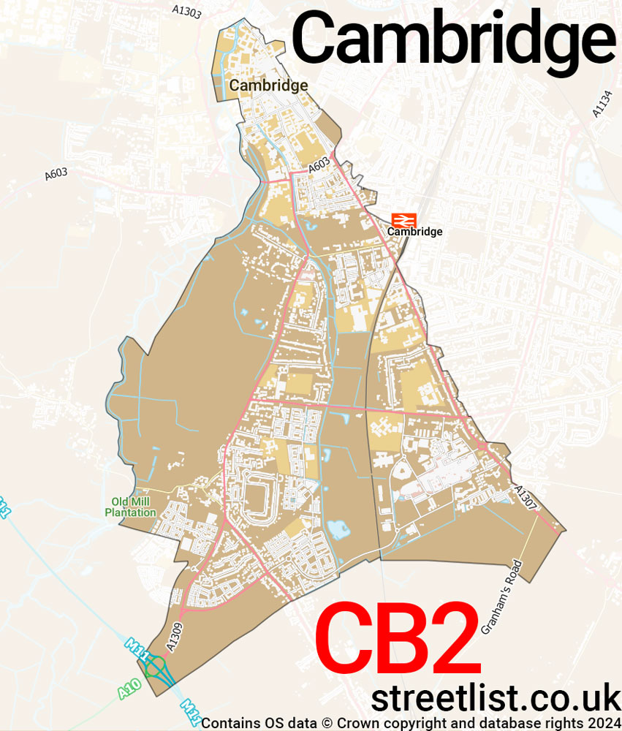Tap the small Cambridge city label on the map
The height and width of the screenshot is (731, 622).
coord(268,86)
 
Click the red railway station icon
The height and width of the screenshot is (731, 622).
coord(403,219)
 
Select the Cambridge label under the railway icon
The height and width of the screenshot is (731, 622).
coord(414,232)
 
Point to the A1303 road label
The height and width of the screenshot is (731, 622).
coord(186,10)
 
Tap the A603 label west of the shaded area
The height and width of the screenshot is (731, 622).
coord(56,174)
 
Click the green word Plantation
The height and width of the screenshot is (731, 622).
coord(131,512)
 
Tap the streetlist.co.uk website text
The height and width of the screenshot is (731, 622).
coord(496,698)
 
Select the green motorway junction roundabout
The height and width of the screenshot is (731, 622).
coord(155,667)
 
